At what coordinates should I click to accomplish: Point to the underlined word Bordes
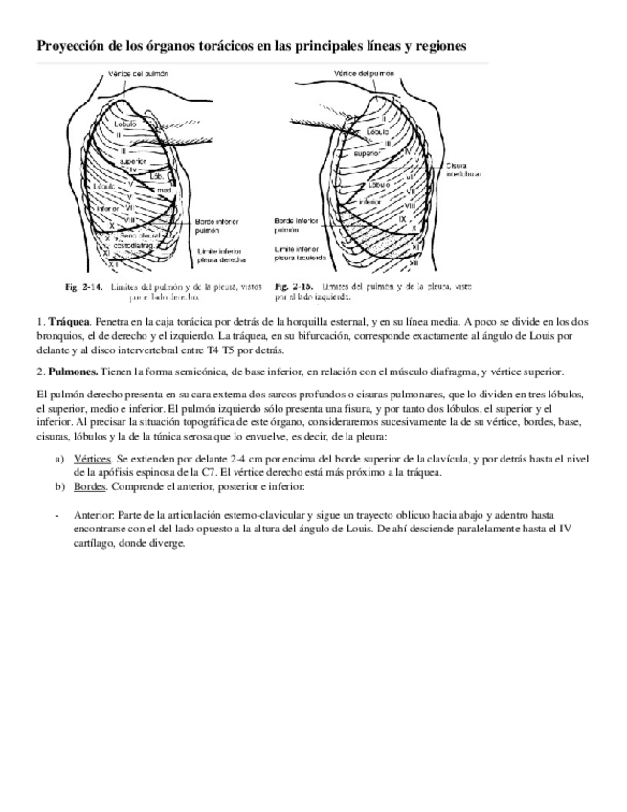(90, 487)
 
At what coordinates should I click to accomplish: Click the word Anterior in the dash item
(92, 514)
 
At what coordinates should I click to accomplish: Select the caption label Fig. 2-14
(84, 286)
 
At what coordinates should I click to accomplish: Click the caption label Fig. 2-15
(293, 286)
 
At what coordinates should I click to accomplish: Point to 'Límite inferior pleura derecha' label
(219, 255)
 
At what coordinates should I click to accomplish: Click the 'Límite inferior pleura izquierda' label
(301, 253)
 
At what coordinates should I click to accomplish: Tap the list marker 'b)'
(60, 487)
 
